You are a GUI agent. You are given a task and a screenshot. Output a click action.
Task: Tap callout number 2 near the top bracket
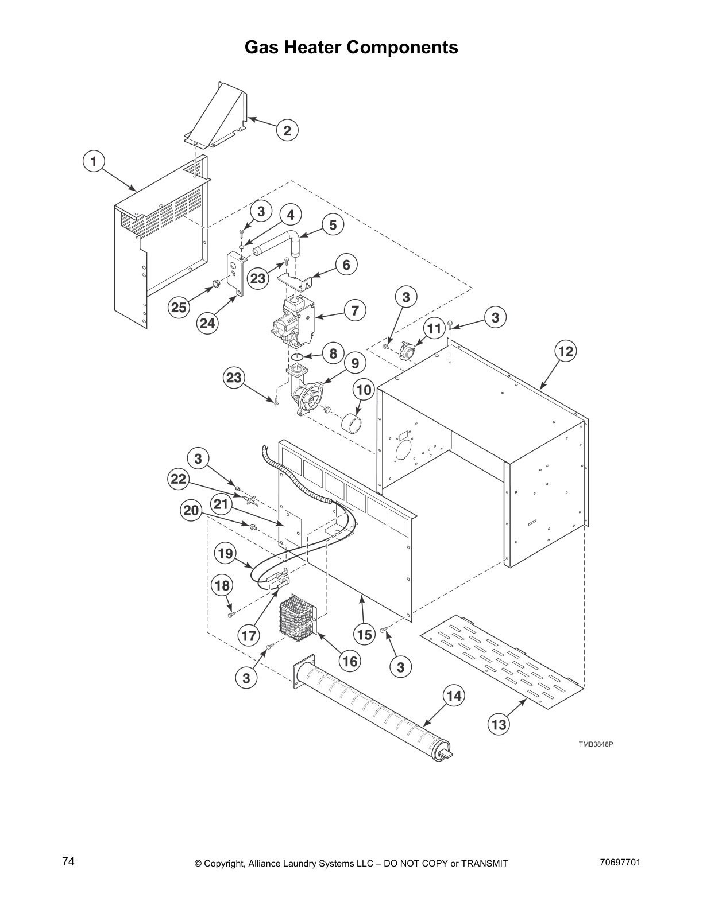(x=287, y=130)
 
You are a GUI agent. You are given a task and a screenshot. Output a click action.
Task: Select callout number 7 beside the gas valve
(x=355, y=310)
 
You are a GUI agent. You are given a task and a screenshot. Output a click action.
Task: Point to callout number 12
(x=566, y=351)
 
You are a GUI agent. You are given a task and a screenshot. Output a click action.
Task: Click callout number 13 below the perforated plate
(x=499, y=724)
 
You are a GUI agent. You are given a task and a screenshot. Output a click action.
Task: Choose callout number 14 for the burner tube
(x=454, y=696)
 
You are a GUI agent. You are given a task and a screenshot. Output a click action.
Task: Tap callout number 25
(x=179, y=307)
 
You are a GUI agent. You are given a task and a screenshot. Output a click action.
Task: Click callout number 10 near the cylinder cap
(x=364, y=390)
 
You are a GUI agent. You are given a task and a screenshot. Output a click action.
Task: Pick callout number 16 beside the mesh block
(x=350, y=661)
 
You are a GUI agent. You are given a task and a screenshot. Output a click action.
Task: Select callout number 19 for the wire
(x=225, y=553)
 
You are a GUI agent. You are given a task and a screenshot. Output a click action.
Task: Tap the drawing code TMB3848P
(x=596, y=744)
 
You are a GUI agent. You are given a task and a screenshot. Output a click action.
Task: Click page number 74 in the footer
(x=68, y=861)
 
